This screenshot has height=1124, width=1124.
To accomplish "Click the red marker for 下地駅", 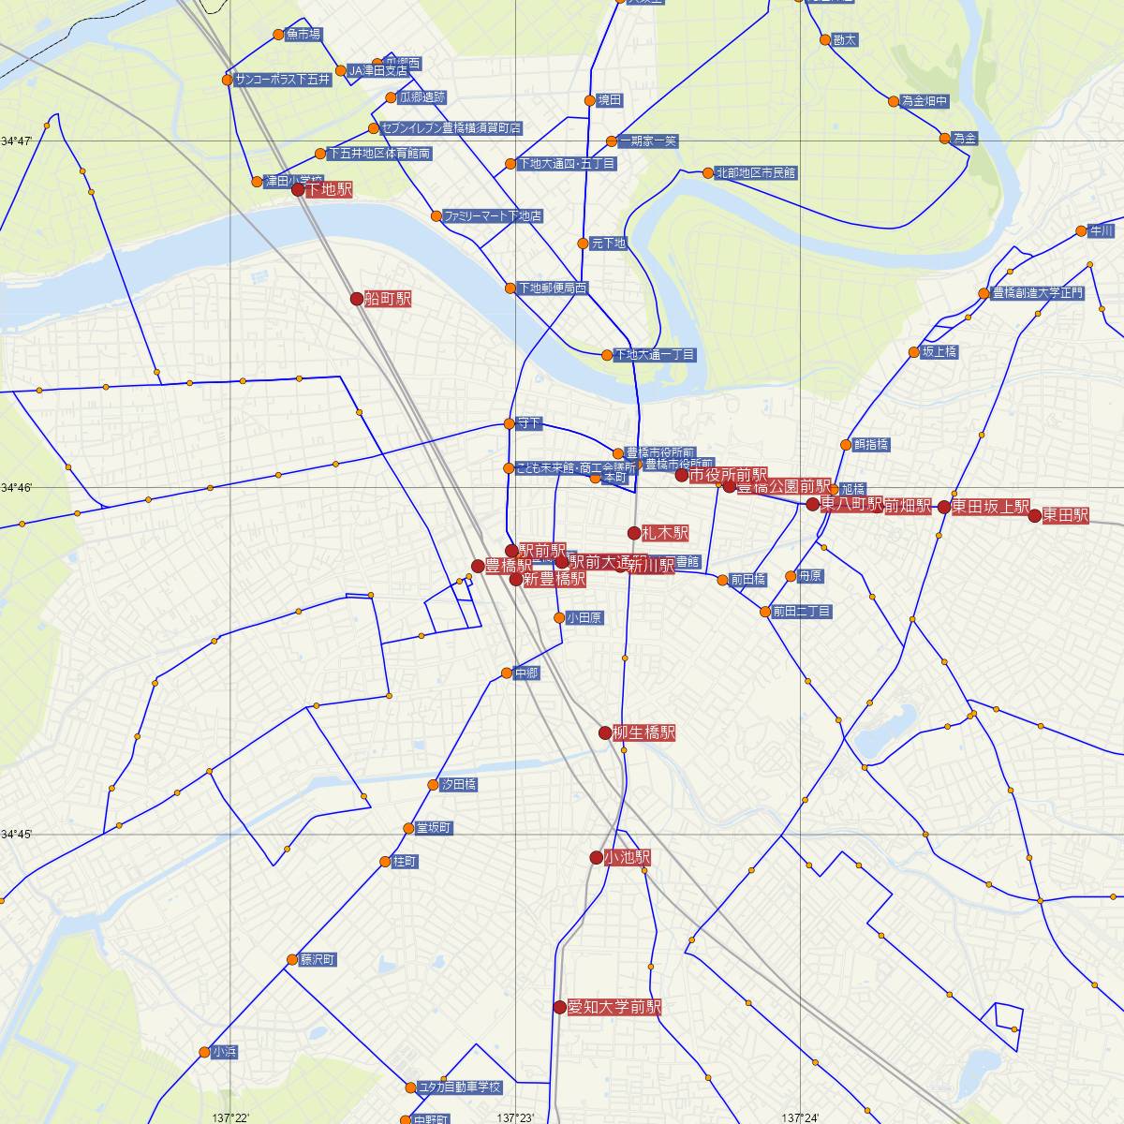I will (x=298, y=189).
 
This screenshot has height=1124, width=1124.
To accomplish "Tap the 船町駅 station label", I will (x=388, y=299).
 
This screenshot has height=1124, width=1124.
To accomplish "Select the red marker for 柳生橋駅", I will (x=605, y=732).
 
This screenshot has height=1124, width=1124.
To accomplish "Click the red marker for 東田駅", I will (x=1034, y=515).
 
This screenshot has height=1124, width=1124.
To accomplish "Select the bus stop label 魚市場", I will (x=303, y=35).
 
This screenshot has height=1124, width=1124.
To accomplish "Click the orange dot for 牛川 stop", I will (x=1082, y=230).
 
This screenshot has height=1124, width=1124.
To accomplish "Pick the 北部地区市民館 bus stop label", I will (x=755, y=172).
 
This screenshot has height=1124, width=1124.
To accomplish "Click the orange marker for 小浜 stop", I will (x=205, y=1052).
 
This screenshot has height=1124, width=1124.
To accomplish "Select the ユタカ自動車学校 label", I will (x=460, y=1087).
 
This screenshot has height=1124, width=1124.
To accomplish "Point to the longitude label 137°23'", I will (x=515, y=1117).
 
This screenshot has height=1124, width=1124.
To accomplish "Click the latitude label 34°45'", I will (x=17, y=834).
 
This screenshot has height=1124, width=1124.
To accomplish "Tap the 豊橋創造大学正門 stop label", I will (x=1037, y=293).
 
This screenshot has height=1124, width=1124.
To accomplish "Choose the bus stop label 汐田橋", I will (x=459, y=784).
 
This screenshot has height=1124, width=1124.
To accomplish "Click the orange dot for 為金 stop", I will (x=944, y=139).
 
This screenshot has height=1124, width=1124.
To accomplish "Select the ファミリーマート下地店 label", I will (x=493, y=215).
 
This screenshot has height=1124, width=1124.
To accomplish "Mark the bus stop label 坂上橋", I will (x=939, y=352).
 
